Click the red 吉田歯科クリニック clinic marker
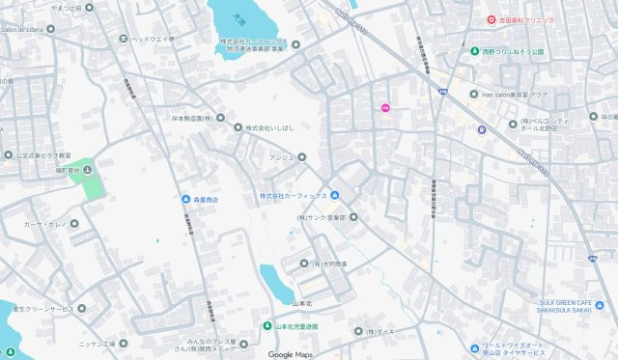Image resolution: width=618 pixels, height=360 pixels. (x=491, y=19)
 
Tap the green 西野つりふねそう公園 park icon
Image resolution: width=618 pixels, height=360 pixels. (x=474, y=51)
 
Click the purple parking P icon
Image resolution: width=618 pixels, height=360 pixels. (x=481, y=130)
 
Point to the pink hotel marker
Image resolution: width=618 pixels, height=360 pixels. (x=386, y=107)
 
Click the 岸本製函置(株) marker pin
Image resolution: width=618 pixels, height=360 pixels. (x=220, y=118)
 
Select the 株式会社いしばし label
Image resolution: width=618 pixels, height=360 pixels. (x=267, y=127)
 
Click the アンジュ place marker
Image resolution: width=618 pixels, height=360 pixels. (x=301, y=156)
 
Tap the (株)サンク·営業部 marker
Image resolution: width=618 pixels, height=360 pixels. (x=353, y=217)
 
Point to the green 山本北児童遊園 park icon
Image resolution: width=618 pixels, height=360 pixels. (x=268, y=326)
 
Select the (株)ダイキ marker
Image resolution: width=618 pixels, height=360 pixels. (x=357, y=331)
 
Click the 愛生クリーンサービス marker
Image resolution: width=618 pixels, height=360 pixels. (x=81, y=309)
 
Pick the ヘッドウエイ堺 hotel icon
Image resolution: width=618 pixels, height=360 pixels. (x=123, y=39)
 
